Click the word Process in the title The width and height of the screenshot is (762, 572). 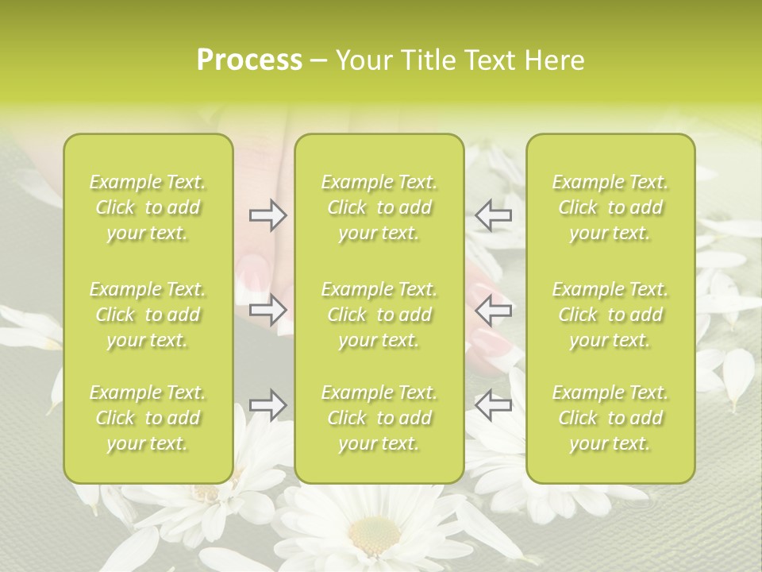tap(249, 60)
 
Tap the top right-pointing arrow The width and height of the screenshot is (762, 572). tap(268, 214)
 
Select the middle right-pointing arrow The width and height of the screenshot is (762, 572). tap(268, 311)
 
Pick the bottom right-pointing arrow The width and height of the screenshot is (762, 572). tap(268, 405)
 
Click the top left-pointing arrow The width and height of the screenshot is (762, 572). tap(493, 214)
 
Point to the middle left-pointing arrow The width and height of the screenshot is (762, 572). tap(493, 311)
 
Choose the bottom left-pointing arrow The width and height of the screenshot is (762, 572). tap(493, 405)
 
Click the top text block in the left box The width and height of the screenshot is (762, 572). tap(148, 207)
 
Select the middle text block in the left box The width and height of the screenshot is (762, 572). tap(148, 315)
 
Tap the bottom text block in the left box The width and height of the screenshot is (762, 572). tap(148, 418)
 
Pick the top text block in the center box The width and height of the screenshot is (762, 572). tap(379, 207)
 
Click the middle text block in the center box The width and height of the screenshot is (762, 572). tap(379, 315)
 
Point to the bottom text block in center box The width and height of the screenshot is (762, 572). tap(379, 418)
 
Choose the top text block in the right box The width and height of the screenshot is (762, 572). tap(610, 207)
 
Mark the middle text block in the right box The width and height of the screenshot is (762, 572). tap(610, 315)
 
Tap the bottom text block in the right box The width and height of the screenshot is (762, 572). tap(610, 418)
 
